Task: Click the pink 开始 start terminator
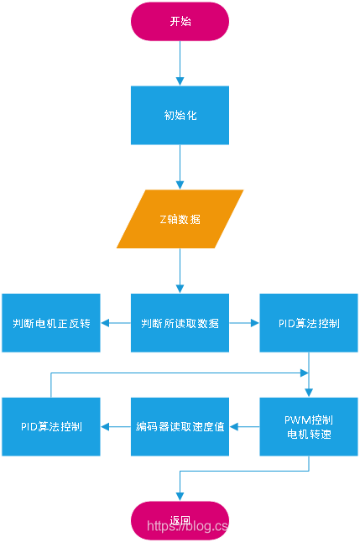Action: tap(180, 21)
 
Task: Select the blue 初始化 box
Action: tap(180, 115)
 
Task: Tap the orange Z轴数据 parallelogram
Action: tap(180, 219)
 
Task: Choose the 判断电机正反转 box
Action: tap(51, 323)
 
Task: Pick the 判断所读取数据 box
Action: tap(180, 323)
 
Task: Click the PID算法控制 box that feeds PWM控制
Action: tap(308, 323)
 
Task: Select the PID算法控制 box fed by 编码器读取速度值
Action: tap(51, 426)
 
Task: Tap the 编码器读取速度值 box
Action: tap(180, 426)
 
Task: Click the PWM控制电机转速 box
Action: tap(308, 426)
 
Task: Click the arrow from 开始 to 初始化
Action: tap(180, 63)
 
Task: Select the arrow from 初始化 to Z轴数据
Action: tap(180, 166)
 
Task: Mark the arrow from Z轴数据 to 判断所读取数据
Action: tap(180, 270)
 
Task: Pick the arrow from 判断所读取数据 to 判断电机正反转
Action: tap(116, 323)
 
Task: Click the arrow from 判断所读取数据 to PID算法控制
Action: tap(244, 323)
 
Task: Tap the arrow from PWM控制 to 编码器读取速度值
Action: tap(244, 427)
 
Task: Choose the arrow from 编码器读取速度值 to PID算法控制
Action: tap(116, 427)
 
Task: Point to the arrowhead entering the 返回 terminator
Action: tap(180, 496)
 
